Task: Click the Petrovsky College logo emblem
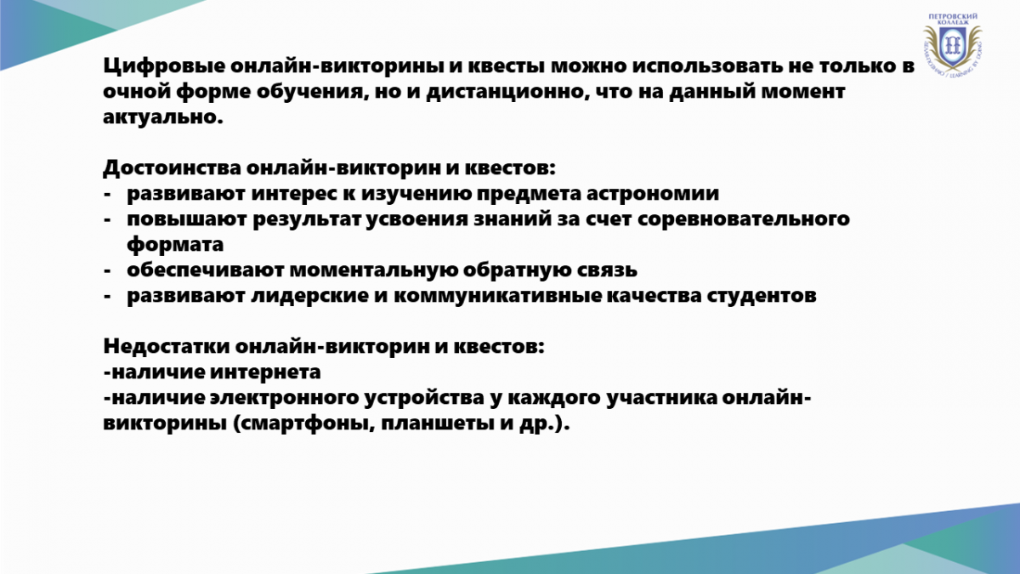pos(953,44)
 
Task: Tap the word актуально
pos(163,117)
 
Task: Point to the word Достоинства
pos(172,168)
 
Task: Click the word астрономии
pos(653,194)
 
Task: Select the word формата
pos(175,245)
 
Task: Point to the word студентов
pos(762,296)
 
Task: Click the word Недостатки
pos(167,346)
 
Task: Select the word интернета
pos(265,372)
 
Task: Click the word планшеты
pos(437,423)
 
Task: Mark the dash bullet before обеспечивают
pos(107,271)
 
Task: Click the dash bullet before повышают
pos(107,220)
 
